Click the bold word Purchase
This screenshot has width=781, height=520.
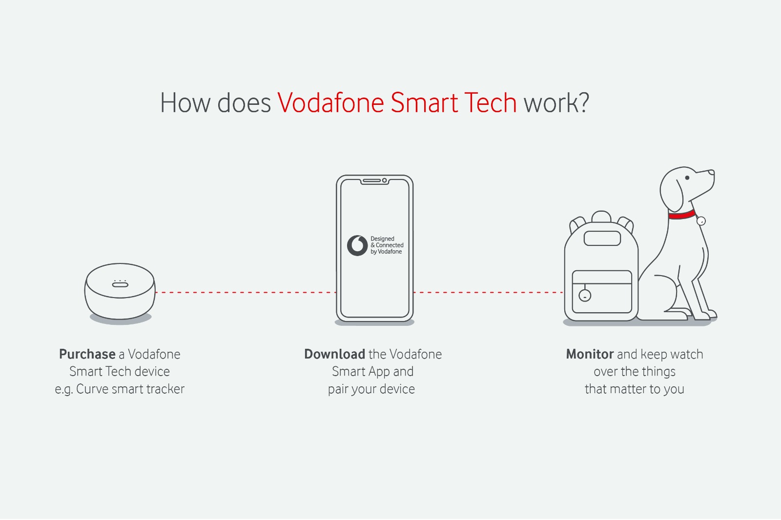point(87,354)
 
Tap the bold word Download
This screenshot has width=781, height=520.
point(335,354)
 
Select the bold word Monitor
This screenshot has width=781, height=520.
point(590,354)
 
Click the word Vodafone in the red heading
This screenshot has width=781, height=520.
point(330,103)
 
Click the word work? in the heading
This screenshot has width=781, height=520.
point(556,103)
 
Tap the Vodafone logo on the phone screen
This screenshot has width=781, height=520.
point(357,246)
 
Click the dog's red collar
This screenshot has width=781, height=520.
point(681,215)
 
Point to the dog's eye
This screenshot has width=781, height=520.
point(687,178)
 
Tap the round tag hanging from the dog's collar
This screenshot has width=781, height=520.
point(701,221)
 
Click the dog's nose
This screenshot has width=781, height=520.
point(711,173)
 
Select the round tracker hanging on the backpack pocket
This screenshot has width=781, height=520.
point(585,296)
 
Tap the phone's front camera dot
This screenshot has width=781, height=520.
point(384,180)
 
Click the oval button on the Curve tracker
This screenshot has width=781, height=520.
point(120,285)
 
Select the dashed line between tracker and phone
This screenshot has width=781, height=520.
point(246,292)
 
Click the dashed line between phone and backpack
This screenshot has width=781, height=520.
point(489,292)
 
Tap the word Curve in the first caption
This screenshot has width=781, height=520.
point(92,389)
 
